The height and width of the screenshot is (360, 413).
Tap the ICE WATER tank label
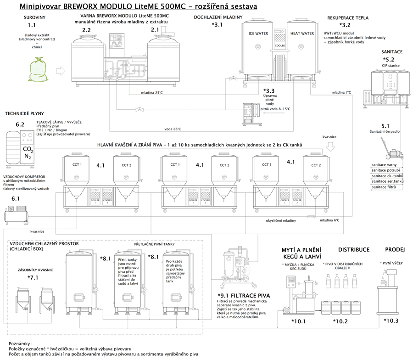[x=258, y=34]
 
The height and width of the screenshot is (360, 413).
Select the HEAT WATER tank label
[x=301, y=34]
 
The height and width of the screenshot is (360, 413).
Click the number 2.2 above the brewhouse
[x=86, y=30]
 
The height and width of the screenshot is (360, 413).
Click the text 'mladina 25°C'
[x=153, y=93]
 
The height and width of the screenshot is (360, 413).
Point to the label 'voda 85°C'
[x=172, y=129]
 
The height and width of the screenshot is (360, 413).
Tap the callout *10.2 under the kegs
[x=340, y=321]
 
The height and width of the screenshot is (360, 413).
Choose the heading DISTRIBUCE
[x=354, y=250]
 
